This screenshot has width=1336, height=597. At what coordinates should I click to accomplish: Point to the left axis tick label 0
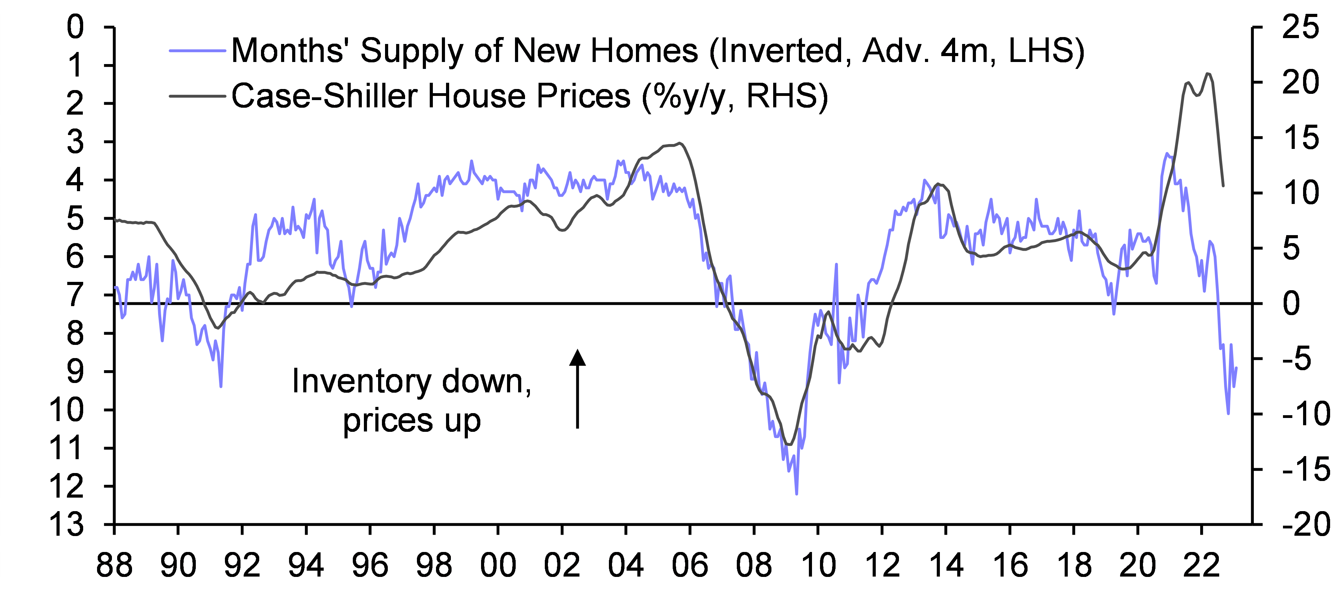pos(75,27)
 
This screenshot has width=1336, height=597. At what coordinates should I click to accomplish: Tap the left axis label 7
pos(75,295)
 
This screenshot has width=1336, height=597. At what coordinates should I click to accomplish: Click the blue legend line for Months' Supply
pos(197,51)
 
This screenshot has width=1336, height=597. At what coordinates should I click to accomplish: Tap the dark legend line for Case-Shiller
pos(197,96)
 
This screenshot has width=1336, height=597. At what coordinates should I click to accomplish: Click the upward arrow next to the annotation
pos(577,389)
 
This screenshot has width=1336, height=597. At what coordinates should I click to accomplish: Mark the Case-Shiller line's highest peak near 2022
pos(1208,73)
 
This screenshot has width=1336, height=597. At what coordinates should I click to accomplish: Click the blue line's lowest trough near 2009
pos(796,494)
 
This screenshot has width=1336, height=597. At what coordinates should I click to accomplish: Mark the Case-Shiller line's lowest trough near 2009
pos(789,445)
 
